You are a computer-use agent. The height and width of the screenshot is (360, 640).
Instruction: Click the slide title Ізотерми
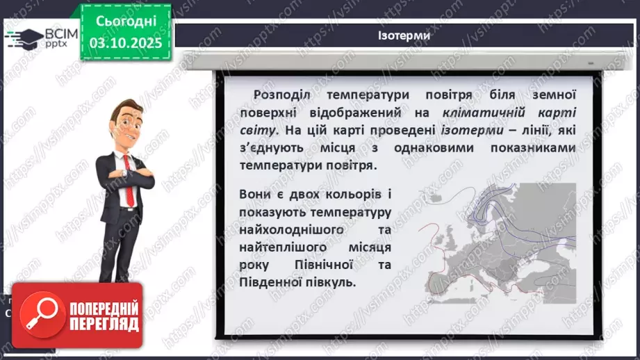pos(404,35)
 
